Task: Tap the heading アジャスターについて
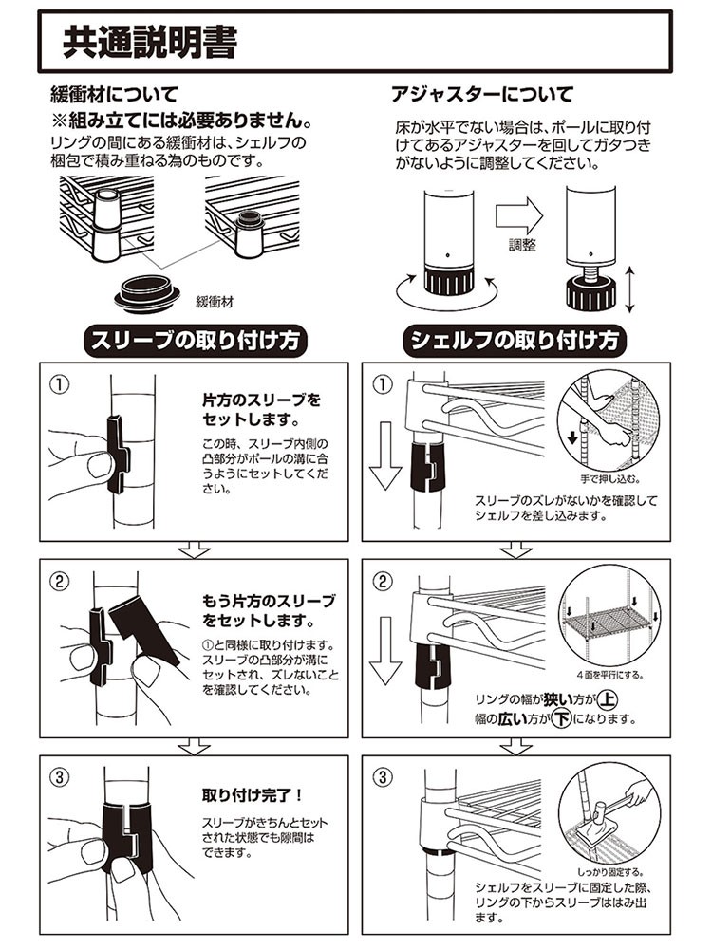482,96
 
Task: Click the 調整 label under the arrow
521,245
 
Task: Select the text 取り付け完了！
251,794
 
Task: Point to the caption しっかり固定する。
606,869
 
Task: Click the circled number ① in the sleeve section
60,385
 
